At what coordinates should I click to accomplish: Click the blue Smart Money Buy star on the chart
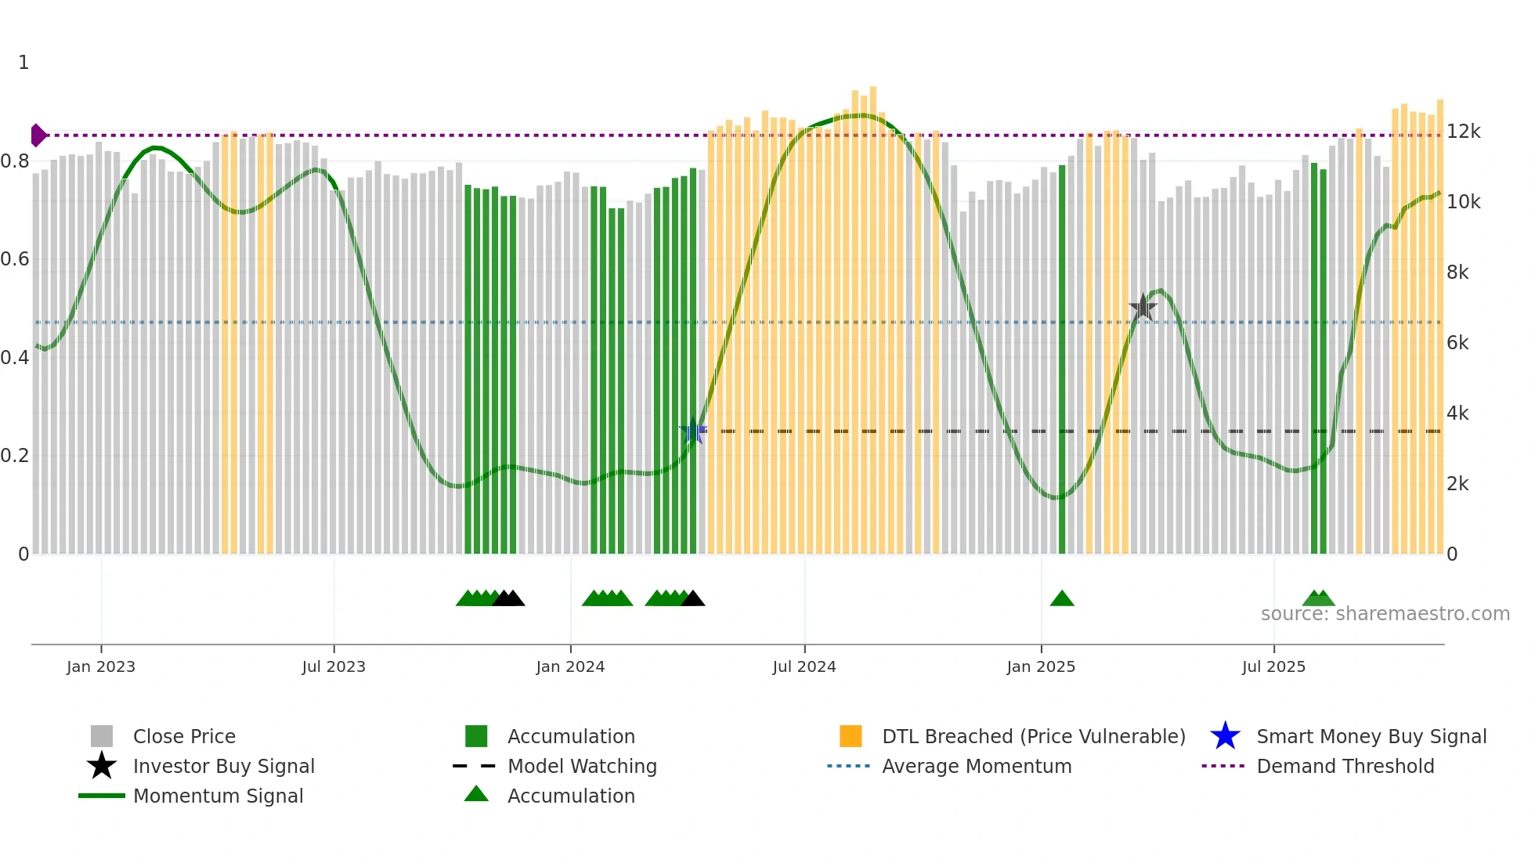(693, 431)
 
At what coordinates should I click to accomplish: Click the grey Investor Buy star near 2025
(1143, 307)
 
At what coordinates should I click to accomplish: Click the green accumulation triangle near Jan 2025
(1061, 599)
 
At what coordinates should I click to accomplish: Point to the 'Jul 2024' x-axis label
(804, 666)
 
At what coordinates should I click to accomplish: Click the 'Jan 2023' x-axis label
(101, 666)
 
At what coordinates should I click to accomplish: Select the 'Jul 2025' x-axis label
(1273, 666)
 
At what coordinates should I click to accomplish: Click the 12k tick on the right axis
(1463, 132)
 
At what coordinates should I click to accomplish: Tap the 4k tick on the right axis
(1457, 413)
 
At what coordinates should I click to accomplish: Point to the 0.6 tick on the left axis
(15, 259)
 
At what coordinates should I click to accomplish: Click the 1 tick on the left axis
(23, 63)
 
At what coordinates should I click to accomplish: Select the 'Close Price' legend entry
(184, 736)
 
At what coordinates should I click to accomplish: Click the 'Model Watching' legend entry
(582, 766)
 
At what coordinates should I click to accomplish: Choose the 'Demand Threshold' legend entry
(1345, 766)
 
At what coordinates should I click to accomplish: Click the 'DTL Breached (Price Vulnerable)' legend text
(1033, 736)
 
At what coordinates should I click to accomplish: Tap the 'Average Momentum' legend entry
(977, 766)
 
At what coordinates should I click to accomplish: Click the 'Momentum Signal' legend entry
(218, 796)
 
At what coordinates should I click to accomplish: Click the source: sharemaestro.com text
(1385, 614)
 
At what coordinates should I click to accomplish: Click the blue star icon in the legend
(1225, 736)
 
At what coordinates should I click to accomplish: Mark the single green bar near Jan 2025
(1062, 360)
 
